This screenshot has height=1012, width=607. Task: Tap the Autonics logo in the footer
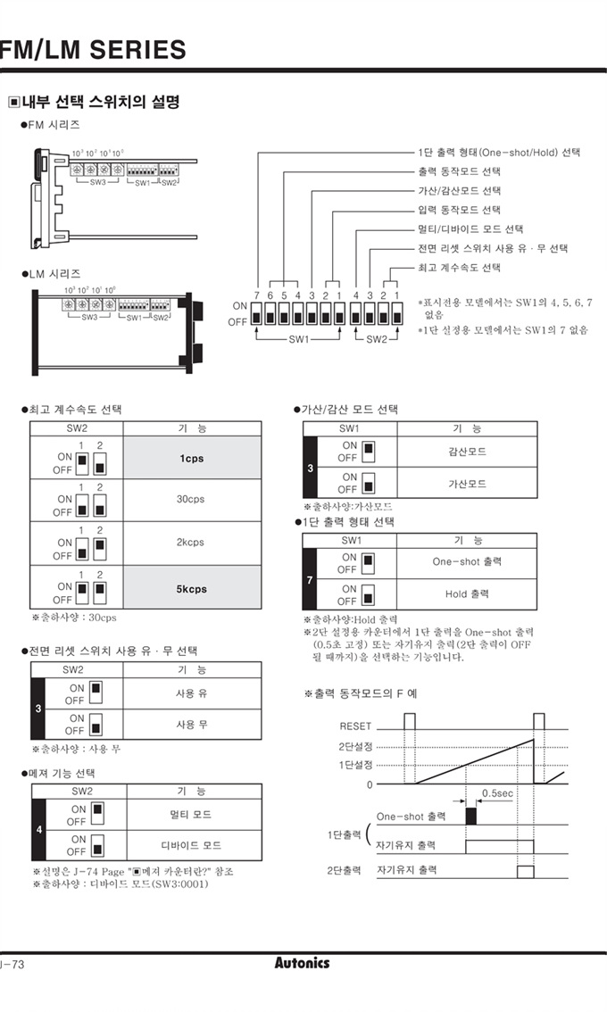point(302,963)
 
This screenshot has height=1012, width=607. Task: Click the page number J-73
point(12,964)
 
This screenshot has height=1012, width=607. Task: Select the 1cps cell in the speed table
point(192,459)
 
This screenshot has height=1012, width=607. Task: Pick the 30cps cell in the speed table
point(192,500)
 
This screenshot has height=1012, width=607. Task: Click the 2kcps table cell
point(192,542)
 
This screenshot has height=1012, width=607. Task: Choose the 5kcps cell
point(192,589)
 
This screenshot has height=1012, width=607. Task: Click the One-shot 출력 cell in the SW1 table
point(467,562)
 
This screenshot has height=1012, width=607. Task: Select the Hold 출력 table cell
point(467,593)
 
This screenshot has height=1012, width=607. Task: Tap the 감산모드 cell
point(467,452)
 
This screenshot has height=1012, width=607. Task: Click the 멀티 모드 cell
point(191,815)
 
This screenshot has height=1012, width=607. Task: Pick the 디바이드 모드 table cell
point(191,845)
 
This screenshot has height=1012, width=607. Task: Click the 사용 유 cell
point(191,693)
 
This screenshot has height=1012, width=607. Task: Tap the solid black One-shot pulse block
point(470,816)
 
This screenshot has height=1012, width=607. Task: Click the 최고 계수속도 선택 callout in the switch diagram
point(459,268)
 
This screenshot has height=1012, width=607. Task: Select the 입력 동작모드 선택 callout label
point(459,211)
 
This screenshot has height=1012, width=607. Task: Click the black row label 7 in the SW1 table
point(310,580)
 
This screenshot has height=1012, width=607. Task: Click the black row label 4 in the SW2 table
point(37,831)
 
